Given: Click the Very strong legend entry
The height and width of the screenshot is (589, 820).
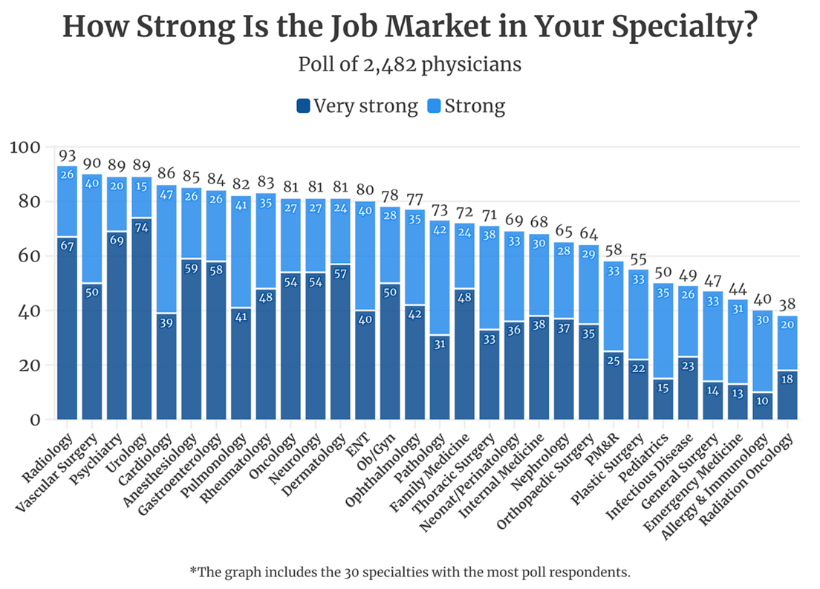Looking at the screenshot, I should point(357,105).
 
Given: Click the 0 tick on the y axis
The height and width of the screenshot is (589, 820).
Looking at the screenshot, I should point(34,420).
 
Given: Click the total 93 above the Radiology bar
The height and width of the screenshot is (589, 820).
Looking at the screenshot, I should point(68,157).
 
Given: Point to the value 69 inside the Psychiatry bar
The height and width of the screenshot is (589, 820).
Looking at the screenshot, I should point(116,241).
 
